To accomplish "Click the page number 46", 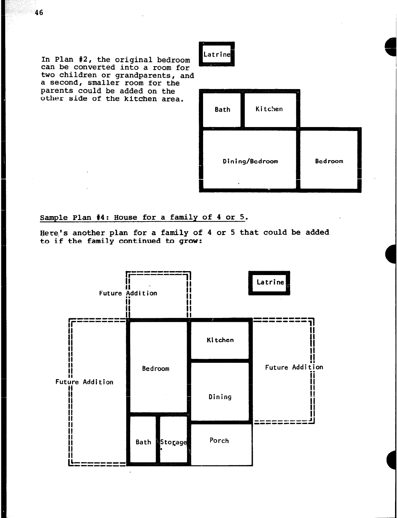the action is tap(39, 12).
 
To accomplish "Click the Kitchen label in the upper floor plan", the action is tap(269, 109).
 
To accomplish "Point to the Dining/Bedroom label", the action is tap(250, 161).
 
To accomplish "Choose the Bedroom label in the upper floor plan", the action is tap(329, 161).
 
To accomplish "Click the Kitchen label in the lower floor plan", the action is tap(220, 340).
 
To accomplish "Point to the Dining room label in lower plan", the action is tap(220, 397).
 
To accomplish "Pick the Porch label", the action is tap(219, 440).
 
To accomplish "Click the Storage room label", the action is tap(173, 442).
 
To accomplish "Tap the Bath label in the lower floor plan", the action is tap(143, 442).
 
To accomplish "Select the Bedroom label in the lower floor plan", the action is tap(156, 369).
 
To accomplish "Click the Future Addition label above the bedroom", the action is tap(128, 293).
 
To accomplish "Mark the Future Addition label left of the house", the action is tap(84, 382).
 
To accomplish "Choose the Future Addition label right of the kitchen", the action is tap(294, 367).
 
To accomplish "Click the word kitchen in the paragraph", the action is tap(140, 99).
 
